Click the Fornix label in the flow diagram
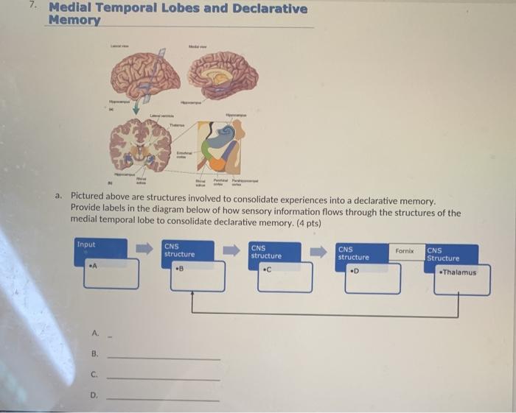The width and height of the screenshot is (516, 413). click(x=405, y=251)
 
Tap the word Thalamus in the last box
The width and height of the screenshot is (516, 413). click(x=459, y=272)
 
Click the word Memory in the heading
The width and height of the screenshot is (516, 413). click(x=74, y=21)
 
